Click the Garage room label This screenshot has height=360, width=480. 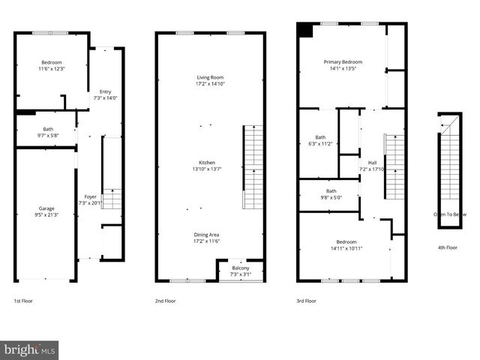pyautogui.click(x=47, y=212)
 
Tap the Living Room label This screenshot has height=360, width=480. pyautogui.click(x=210, y=80)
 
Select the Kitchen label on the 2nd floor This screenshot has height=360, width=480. pyautogui.click(x=207, y=166)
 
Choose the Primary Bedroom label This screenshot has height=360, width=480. pyautogui.click(x=343, y=64)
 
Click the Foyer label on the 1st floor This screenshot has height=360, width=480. pyautogui.click(x=89, y=199)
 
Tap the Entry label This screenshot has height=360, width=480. pyautogui.click(x=105, y=94)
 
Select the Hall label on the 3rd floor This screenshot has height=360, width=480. pyautogui.click(x=372, y=166)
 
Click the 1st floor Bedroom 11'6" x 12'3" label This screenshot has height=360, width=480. pyautogui.click(x=52, y=65)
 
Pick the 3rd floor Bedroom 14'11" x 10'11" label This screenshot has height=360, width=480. pyautogui.click(x=346, y=244)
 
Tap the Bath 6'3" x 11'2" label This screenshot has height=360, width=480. pyautogui.click(x=320, y=140)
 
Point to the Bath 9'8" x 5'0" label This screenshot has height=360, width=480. pyautogui.click(x=331, y=194)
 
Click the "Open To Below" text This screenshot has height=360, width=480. pyautogui.click(x=450, y=214)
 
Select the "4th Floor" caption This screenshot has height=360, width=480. pyautogui.click(x=448, y=247)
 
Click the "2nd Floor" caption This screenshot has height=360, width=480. pyautogui.click(x=165, y=301)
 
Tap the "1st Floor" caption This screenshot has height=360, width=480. pyautogui.click(x=23, y=301)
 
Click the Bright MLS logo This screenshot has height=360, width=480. pyautogui.click(x=30, y=349)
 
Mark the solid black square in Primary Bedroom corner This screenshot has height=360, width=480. pyautogui.click(x=305, y=30)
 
